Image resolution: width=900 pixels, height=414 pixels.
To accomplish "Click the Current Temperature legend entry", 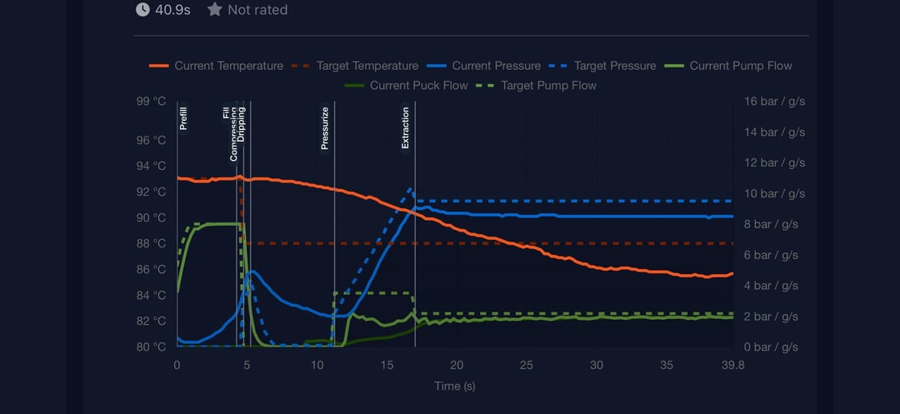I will [x=216, y=66].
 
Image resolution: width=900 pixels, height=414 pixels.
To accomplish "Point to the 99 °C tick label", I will [x=151, y=102].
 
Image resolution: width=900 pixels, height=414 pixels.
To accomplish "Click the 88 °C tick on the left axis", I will [x=151, y=243].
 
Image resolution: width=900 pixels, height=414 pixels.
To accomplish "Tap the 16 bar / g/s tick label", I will [x=774, y=102].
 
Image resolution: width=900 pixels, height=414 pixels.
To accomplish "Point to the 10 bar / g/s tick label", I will [x=774, y=193].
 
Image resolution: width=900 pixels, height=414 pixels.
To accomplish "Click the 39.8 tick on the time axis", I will [x=732, y=365].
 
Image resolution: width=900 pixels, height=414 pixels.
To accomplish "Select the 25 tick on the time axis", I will [x=526, y=365].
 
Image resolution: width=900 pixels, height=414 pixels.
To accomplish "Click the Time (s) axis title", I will [x=454, y=386].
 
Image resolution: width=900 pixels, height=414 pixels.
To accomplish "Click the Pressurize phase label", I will [x=325, y=128].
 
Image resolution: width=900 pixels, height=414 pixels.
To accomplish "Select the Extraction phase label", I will [x=406, y=127].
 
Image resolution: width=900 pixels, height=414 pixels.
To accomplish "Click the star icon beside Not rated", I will [x=214, y=10].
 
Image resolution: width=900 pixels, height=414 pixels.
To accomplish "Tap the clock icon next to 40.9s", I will [x=142, y=10].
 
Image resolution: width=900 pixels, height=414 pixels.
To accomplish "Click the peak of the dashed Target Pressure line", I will [x=410, y=189].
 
